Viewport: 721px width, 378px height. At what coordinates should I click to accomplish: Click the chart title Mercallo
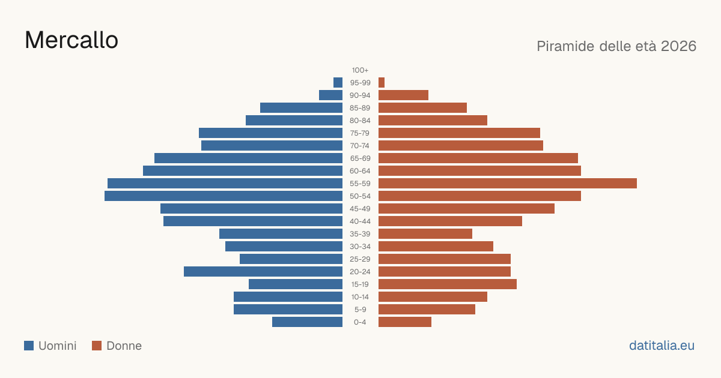pos(71,40)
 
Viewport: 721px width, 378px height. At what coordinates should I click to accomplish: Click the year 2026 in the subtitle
pos(678,46)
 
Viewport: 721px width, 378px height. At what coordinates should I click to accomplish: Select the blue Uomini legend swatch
pos(29,346)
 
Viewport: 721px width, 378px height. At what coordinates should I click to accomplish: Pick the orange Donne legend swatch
pos(97,346)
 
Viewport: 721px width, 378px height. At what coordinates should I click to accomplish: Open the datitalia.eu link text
pos(662,345)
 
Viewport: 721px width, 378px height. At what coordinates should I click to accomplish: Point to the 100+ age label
pos(360,70)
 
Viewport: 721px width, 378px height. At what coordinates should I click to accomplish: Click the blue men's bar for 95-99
pos(338,82)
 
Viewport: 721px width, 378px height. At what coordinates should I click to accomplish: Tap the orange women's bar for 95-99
pos(382,82)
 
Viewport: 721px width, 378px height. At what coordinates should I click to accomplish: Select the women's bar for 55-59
pos(508,183)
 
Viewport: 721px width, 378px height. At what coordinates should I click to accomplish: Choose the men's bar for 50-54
pos(224,196)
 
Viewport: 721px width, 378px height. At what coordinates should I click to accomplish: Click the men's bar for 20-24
pos(263,272)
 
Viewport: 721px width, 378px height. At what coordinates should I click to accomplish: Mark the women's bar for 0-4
pos(405,322)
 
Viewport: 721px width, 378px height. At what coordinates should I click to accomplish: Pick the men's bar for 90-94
pos(331,95)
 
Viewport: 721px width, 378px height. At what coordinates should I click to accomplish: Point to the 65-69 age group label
pos(360,158)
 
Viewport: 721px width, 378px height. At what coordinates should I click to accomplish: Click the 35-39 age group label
pos(360,233)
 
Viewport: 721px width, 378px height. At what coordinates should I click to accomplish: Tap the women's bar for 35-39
pos(425,233)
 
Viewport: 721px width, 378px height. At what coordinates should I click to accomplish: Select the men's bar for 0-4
pos(308,322)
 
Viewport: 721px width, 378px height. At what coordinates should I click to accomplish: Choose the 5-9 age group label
pos(360,309)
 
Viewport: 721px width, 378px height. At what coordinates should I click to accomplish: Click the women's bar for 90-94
pos(403,95)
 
